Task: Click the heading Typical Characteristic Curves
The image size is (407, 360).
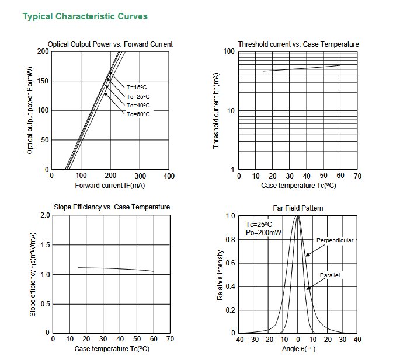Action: point(85,16)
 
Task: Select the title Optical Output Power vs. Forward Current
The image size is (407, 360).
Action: point(110,44)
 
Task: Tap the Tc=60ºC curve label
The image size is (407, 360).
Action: point(138,114)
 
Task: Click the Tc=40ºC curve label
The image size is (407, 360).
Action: point(138,105)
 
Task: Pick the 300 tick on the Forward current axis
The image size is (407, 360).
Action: point(140,176)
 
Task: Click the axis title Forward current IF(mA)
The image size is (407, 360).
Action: point(110,186)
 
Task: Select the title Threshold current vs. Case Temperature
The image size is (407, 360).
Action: point(298,44)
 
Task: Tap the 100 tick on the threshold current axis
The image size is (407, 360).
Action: point(229,52)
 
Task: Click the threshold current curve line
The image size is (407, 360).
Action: point(301,68)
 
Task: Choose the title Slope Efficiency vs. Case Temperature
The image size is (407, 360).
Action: point(112,207)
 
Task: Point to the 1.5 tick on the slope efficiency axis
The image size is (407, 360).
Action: point(44,245)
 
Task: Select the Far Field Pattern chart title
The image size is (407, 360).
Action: point(298,208)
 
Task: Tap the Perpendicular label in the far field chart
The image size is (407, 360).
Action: point(335,240)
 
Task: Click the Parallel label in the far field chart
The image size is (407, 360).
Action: point(330,275)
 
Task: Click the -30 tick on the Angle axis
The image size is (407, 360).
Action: point(253,339)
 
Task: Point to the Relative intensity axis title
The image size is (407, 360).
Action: point(220,275)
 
